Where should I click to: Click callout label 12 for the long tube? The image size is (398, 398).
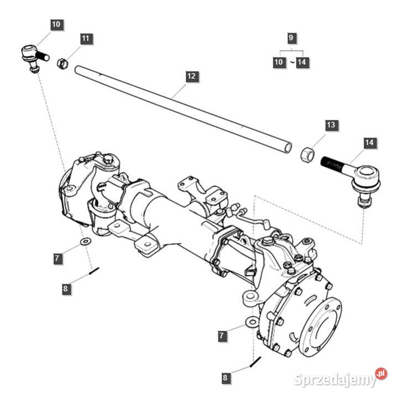click(x=191, y=77)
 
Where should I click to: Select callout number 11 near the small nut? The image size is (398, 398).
click(x=85, y=39)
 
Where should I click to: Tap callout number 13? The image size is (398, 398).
click(x=331, y=125)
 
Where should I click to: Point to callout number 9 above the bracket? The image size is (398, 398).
click(x=291, y=38)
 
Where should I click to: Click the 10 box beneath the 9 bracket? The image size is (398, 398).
click(x=279, y=62)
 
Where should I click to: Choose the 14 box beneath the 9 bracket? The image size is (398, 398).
click(x=301, y=62)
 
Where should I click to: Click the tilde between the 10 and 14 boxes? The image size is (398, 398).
click(x=290, y=62)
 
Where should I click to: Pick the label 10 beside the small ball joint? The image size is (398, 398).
click(x=57, y=24)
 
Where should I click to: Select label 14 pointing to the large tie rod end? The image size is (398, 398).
click(x=369, y=143)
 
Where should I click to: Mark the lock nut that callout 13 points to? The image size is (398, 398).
click(x=307, y=154)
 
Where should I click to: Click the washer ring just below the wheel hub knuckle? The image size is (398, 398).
click(x=252, y=321)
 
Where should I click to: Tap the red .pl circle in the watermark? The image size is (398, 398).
click(x=381, y=374)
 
